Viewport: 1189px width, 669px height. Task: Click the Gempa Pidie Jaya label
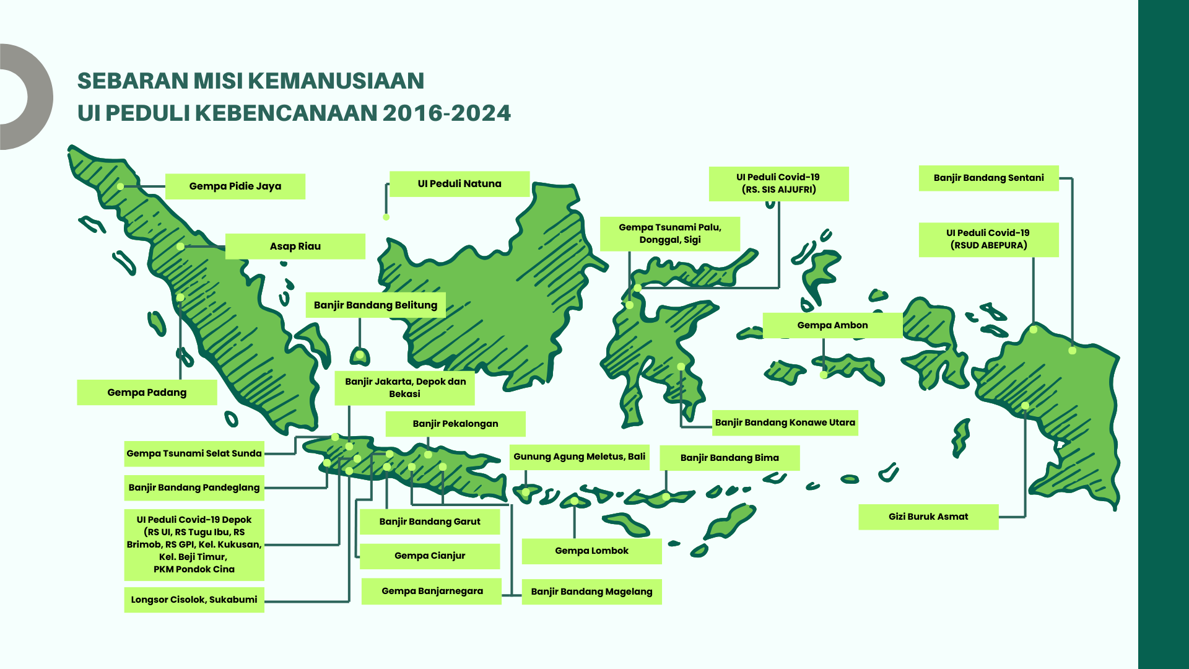coord(235,186)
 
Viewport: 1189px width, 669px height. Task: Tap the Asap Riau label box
coord(295,247)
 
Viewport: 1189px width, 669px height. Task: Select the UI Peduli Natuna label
coord(459,184)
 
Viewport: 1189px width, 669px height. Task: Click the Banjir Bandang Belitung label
coord(375,305)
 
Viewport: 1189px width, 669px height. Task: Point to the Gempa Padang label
coord(147,393)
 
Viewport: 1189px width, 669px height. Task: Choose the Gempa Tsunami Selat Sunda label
coord(194,453)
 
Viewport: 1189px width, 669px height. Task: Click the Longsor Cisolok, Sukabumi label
coord(194,600)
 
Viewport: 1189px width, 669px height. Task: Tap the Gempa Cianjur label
coord(430,556)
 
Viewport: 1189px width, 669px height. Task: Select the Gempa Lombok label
coord(591,551)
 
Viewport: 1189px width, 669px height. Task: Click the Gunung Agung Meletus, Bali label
coord(579,457)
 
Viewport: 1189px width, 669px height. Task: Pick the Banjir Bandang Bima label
coord(730,458)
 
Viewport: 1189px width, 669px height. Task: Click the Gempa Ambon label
coord(832,326)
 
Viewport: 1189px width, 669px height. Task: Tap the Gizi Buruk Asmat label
coord(928,517)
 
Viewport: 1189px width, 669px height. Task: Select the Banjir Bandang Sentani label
coord(988,178)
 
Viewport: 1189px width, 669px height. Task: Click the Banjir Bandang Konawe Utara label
coord(785,423)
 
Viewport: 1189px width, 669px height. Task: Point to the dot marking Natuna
coord(386,217)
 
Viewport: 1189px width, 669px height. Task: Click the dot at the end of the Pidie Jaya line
coord(120,186)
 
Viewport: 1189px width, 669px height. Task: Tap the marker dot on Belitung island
coord(360,355)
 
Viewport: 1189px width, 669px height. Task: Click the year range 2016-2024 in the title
coord(446,113)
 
